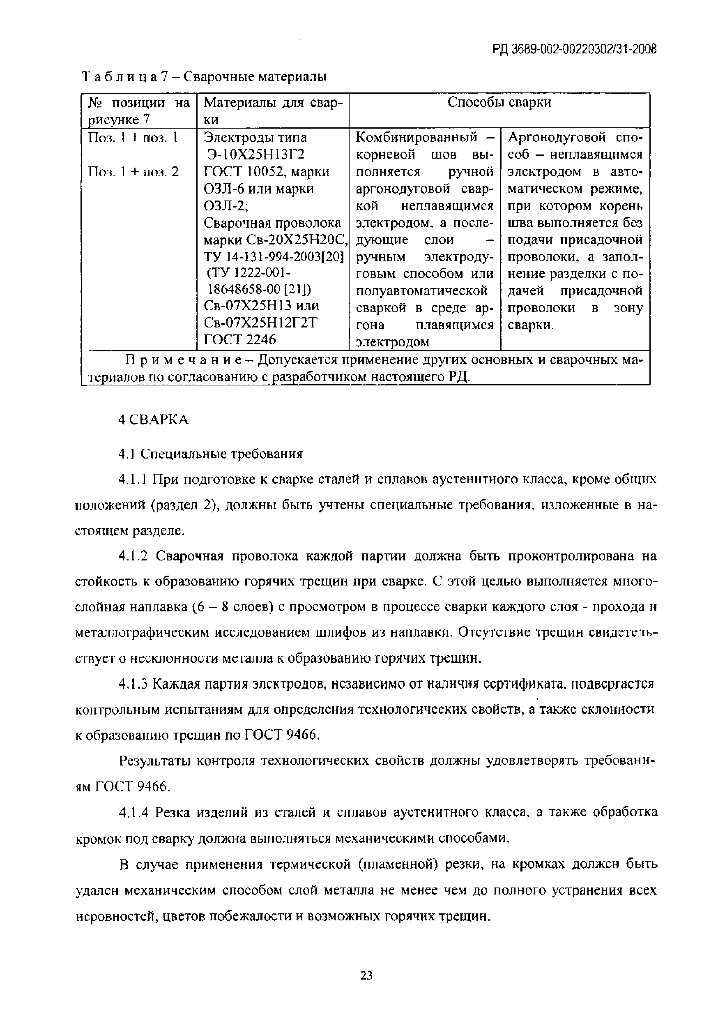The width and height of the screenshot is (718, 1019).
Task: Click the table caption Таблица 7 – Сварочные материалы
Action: tap(205, 77)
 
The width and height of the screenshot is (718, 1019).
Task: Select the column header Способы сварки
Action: tap(499, 103)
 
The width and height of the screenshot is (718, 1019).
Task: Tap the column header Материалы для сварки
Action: tap(272, 111)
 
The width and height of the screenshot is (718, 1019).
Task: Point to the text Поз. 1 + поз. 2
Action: tap(133, 172)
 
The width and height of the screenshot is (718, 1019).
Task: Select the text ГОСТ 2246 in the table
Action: tap(239, 339)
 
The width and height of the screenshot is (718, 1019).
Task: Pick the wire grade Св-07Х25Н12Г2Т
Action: tap(260, 323)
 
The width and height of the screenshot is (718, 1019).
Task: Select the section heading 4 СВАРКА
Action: tap(154, 420)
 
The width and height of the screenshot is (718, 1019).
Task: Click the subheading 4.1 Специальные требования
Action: tap(210, 454)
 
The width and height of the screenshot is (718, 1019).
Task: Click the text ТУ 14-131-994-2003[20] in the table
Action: tap(273, 257)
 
